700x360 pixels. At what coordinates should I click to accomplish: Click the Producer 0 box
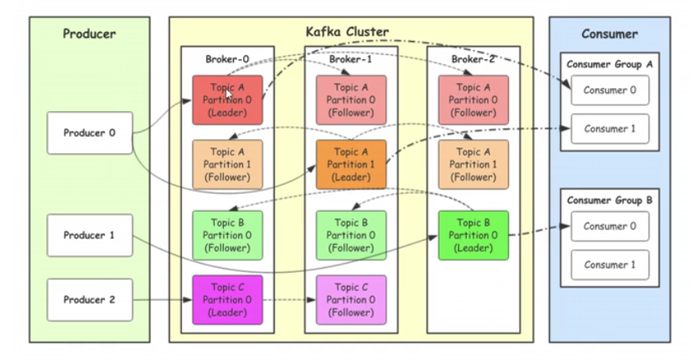tap(90, 132)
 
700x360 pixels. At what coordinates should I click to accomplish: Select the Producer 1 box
tap(90, 235)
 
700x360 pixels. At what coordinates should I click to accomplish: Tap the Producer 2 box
tap(90, 300)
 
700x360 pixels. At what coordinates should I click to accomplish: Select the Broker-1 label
tap(351, 58)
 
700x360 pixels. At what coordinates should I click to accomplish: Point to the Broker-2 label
tap(474, 58)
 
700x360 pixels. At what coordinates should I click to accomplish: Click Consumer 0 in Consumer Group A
tap(609, 91)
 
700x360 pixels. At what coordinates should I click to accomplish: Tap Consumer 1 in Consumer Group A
tap(609, 129)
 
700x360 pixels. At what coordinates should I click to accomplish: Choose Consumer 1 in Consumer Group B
tap(609, 264)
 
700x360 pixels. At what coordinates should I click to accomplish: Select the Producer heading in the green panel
tap(89, 34)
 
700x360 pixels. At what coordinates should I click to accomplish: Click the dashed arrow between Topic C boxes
tap(289, 300)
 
